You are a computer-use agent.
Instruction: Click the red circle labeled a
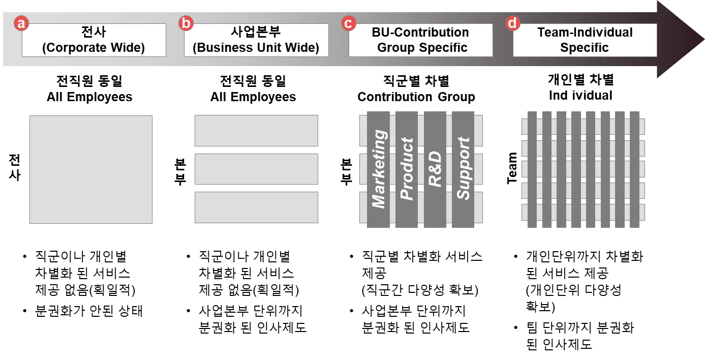pyautogui.click(x=21, y=23)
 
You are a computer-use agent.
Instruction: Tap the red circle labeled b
pyautogui.click(x=187, y=23)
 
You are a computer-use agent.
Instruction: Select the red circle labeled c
pyautogui.click(x=349, y=23)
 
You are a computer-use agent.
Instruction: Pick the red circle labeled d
pyautogui.click(x=513, y=23)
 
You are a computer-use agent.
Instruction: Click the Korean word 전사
pyautogui.click(x=94, y=33)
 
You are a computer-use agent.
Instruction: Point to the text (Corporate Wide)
pyautogui.click(x=94, y=48)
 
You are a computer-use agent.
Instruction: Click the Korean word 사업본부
pyautogui.click(x=256, y=33)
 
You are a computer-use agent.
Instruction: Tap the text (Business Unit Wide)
pyautogui.click(x=256, y=48)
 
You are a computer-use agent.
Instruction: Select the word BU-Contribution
pyautogui.click(x=420, y=33)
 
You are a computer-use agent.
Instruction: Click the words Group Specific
pyautogui.click(x=422, y=48)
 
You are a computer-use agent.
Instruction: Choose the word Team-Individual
pyautogui.click(x=585, y=33)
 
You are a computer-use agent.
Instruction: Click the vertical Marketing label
pyautogui.click(x=379, y=169)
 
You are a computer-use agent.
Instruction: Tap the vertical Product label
pyautogui.click(x=407, y=169)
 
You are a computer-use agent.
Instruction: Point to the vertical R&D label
pyautogui.click(x=436, y=169)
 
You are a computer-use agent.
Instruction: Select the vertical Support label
pyautogui.click(x=464, y=169)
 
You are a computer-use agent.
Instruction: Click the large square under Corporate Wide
pyautogui.click(x=91, y=169)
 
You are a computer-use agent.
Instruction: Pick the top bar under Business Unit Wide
pyautogui.click(x=256, y=130)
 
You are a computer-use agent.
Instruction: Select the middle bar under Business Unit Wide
pyautogui.click(x=256, y=169)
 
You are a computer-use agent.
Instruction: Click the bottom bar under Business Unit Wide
pyautogui.click(x=256, y=207)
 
